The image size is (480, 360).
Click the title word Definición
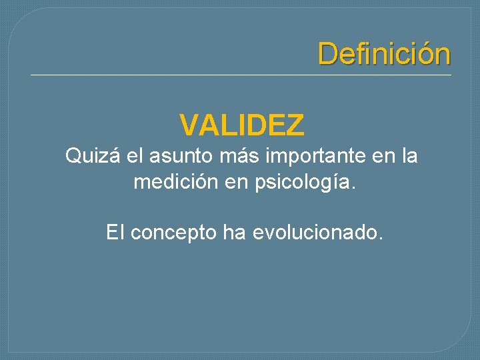(384, 54)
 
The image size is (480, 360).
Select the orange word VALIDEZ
(242, 124)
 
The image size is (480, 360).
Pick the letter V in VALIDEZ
(189, 124)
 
